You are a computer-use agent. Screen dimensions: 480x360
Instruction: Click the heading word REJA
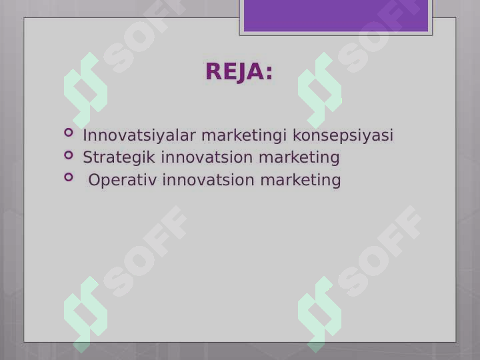pos(235,71)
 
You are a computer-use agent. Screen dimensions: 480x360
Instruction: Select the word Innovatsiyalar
pos(139,135)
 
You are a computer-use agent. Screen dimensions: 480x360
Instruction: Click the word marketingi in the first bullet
pos(244,135)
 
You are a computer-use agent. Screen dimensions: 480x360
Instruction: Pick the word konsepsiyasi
pos(343,135)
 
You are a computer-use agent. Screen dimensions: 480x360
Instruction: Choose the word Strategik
pos(119,157)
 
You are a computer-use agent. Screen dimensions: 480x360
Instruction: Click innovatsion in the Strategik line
pos(207,157)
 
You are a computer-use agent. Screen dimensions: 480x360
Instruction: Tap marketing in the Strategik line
pos(299,158)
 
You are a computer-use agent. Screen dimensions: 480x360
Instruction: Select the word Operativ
pos(123,180)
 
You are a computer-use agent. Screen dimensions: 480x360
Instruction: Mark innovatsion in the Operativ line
pos(208,180)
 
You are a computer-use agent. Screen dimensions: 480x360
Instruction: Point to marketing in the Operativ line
pos(300,181)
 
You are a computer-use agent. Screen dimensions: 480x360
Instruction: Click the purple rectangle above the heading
pos(336,15)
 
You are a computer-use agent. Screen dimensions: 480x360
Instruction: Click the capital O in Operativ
pos(94,180)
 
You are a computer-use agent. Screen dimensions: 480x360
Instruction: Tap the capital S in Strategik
pos(88,157)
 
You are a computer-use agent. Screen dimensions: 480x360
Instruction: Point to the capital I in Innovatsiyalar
pos(85,135)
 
